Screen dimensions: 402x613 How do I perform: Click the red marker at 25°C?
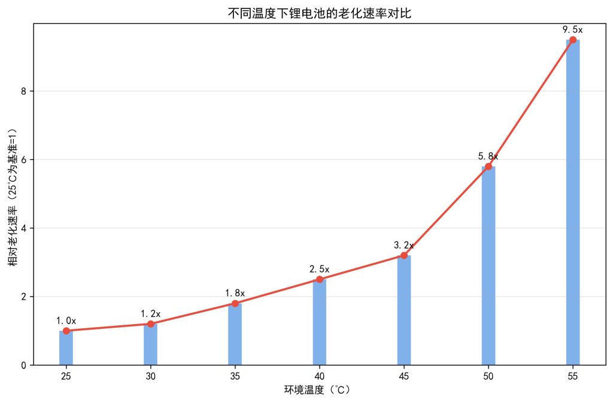pyautogui.click(x=66, y=331)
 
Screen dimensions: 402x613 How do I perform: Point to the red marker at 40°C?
pyautogui.click(x=320, y=279)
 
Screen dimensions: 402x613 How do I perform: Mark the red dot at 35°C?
pyautogui.click(x=235, y=303)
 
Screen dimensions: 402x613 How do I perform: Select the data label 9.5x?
pyautogui.click(x=573, y=29)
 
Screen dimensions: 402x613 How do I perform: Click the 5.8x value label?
pyautogui.click(x=488, y=156)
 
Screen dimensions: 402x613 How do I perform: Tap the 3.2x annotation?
pyautogui.click(x=404, y=245)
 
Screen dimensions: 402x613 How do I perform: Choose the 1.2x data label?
pyautogui.click(x=151, y=313)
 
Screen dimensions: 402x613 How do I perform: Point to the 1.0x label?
pyautogui.click(x=66, y=321)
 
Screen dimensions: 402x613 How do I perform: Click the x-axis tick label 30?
pyautogui.click(x=151, y=376)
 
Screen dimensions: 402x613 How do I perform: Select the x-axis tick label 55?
pyautogui.click(x=573, y=376)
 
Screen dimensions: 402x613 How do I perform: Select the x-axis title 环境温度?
pyautogui.click(x=319, y=390)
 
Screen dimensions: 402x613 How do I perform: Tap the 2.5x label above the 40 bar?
pyautogui.click(x=320, y=269)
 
